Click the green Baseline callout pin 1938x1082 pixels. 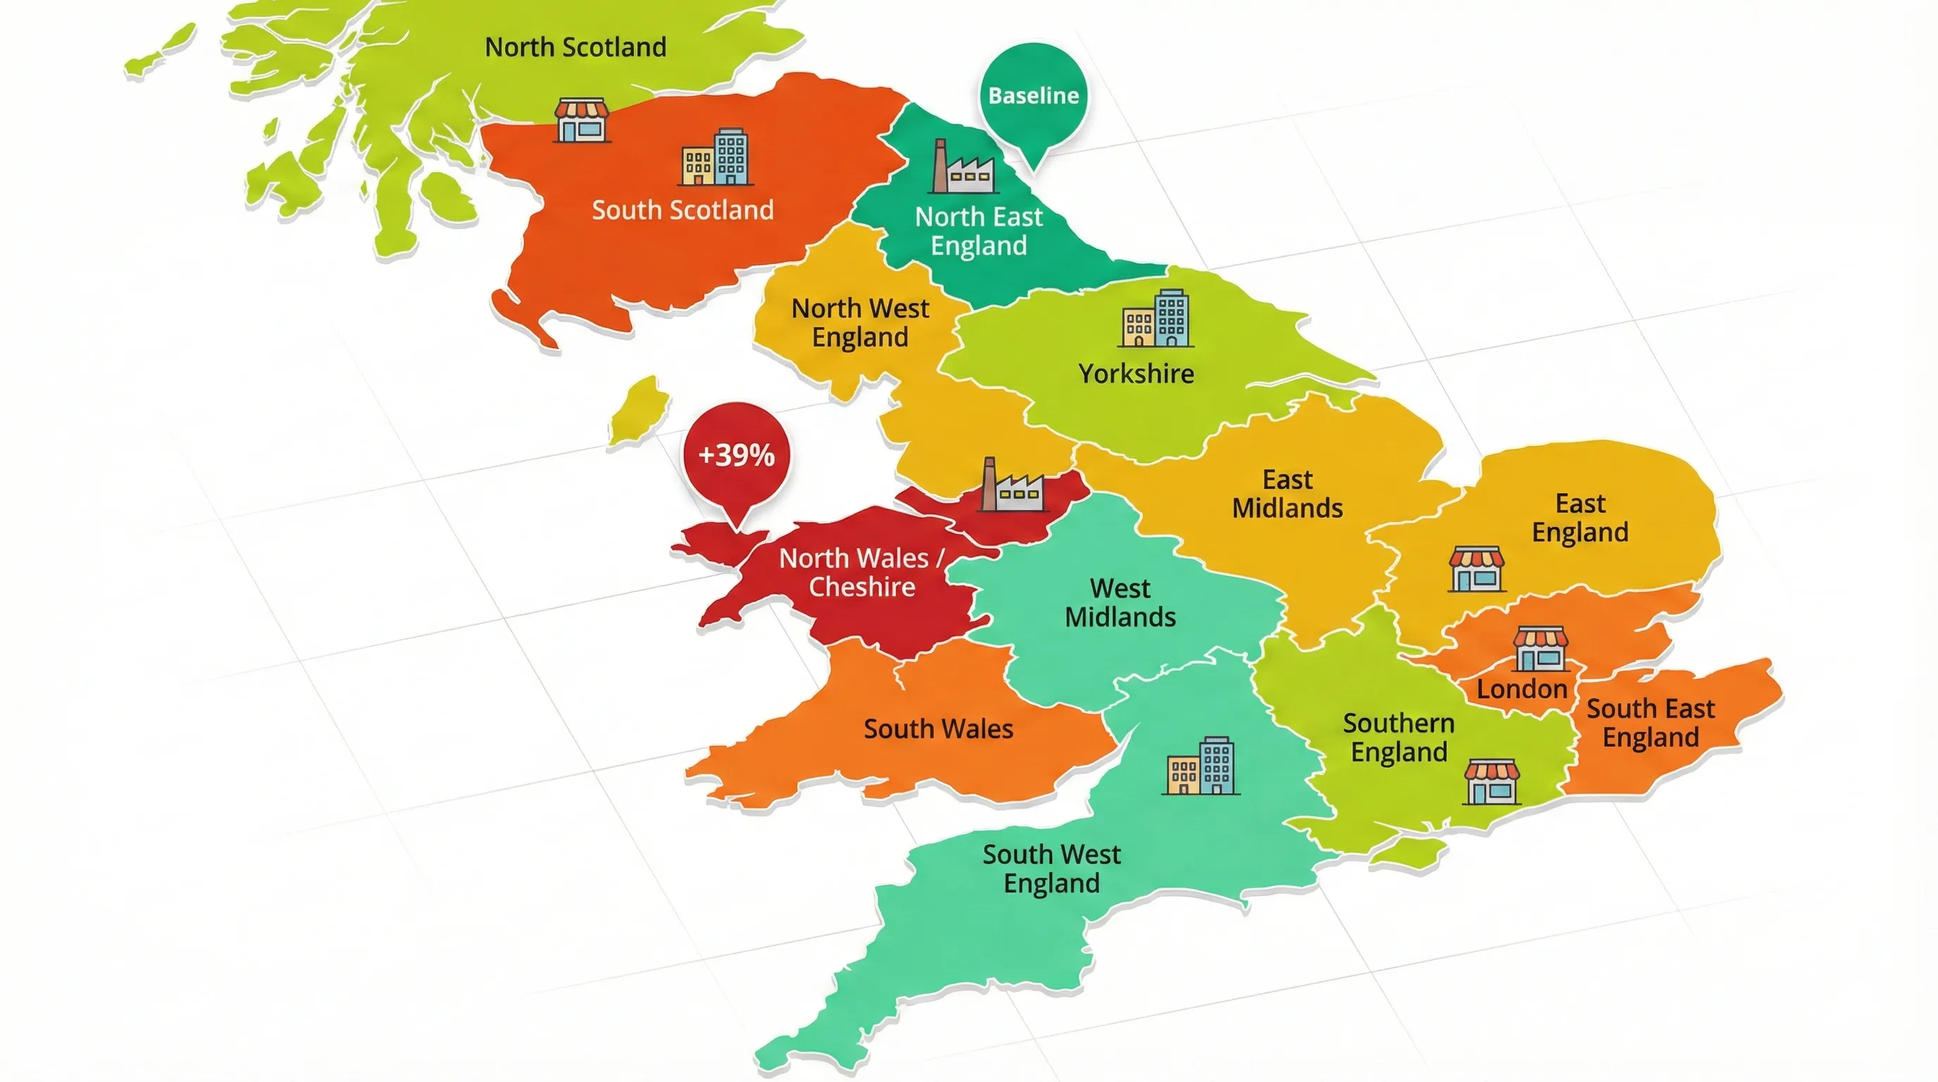(x=1033, y=97)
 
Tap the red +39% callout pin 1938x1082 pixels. (x=737, y=455)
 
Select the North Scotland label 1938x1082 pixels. (x=575, y=47)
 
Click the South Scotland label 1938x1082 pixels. (x=682, y=210)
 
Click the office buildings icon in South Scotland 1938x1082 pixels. (x=715, y=158)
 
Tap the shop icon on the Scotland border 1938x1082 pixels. (x=581, y=120)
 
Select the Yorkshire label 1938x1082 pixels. (x=1136, y=374)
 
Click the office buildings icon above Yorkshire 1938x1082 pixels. (x=1156, y=319)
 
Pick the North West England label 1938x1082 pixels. (x=860, y=323)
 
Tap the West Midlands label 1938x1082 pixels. (x=1120, y=603)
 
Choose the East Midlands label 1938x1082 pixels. (x=1287, y=495)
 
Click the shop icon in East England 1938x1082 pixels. (x=1476, y=570)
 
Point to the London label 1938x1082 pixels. (x=1521, y=689)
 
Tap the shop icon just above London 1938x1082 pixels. (x=1540, y=649)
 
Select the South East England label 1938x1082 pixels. (x=1651, y=723)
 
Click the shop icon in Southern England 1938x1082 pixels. (x=1491, y=783)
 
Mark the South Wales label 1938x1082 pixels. (x=938, y=729)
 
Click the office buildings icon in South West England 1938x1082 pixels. (x=1201, y=766)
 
